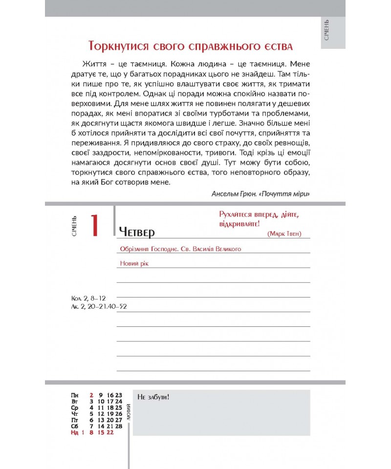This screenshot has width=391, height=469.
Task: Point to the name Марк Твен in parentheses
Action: (284, 234)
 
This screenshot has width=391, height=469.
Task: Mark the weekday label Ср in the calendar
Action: (74, 407)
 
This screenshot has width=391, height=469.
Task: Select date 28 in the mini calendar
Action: (118, 426)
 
